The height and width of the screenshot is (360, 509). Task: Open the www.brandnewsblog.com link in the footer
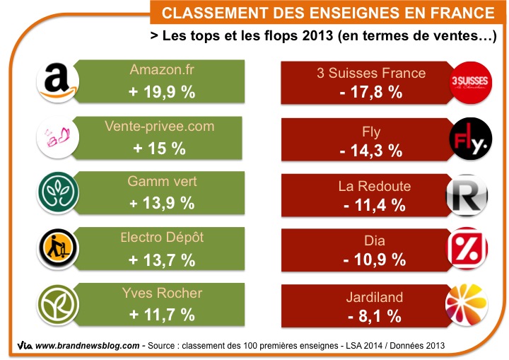click(86, 346)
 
